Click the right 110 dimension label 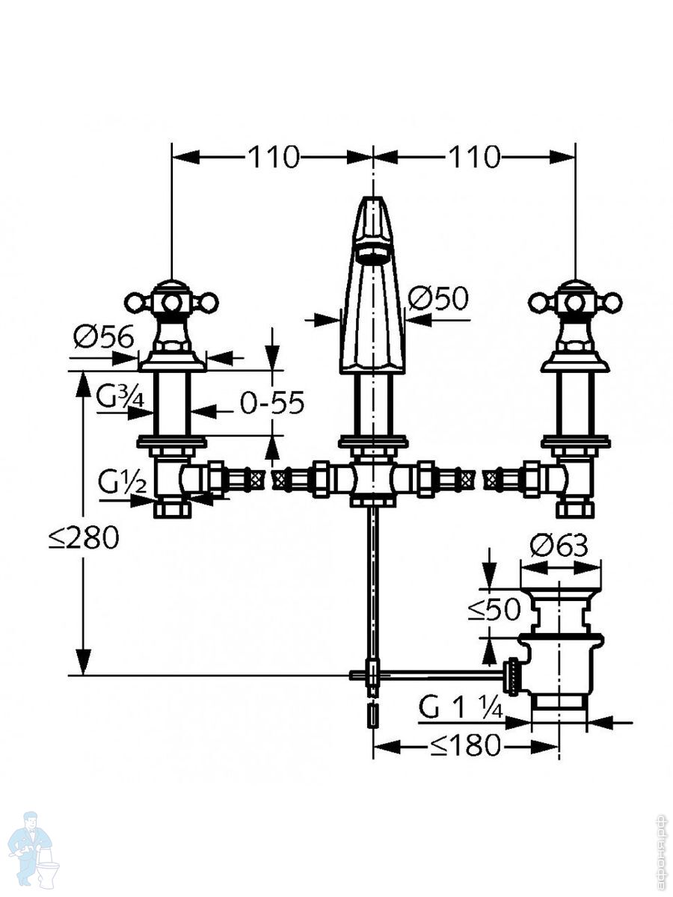pyautogui.click(x=474, y=157)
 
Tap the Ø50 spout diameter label pyautogui.click(x=438, y=298)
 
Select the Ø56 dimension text pyautogui.click(x=103, y=337)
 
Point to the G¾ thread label pyautogui.click(x=120, y=397)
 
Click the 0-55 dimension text pyautogui.click(x=272, y=403)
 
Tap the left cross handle pyautogui.click(x=170, y=303)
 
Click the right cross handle pyautogui.click(x=575, y=303)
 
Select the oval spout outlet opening pyautogui.click(x=372, y=256)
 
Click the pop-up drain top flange pyautogui.click(x=560, y=594)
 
